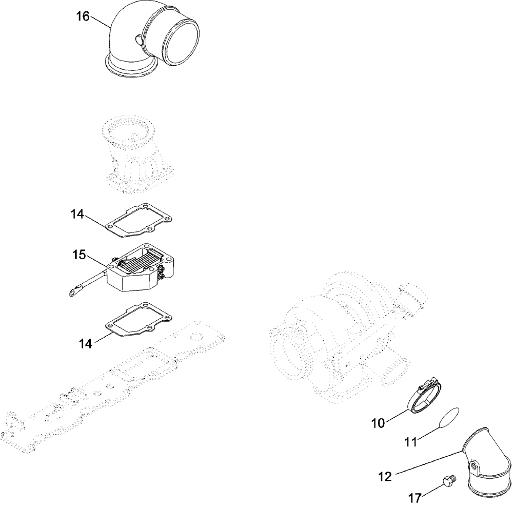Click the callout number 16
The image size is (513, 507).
point(83,16)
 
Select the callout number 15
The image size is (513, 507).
point(79,255)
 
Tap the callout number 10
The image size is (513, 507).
point(378,423)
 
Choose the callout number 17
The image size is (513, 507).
point(416,497)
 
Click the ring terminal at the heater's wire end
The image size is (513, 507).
point(71,294)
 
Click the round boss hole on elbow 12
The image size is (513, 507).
point(475,467)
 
